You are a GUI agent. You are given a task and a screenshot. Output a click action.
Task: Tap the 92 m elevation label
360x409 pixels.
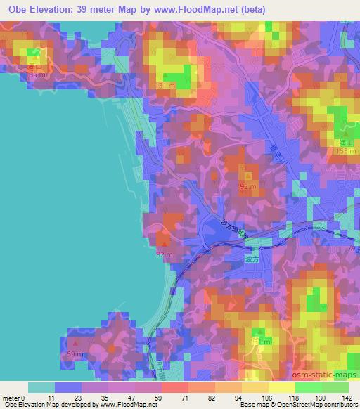pos(249,186)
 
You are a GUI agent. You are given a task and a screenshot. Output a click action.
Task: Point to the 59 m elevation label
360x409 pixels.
pos(75,353)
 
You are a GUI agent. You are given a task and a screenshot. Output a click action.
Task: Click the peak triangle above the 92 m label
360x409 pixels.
pos(248,175)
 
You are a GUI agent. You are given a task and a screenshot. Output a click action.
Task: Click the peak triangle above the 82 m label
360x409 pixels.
pos(165,243)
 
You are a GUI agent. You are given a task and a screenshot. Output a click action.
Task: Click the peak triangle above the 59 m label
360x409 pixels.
pos(75,342)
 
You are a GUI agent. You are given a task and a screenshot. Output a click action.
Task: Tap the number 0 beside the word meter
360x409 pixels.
pos(23,397)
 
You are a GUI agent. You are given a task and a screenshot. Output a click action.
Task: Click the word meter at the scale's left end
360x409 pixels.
pos(11,397)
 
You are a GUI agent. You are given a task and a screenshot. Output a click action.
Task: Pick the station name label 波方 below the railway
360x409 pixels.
pos(252,259)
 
